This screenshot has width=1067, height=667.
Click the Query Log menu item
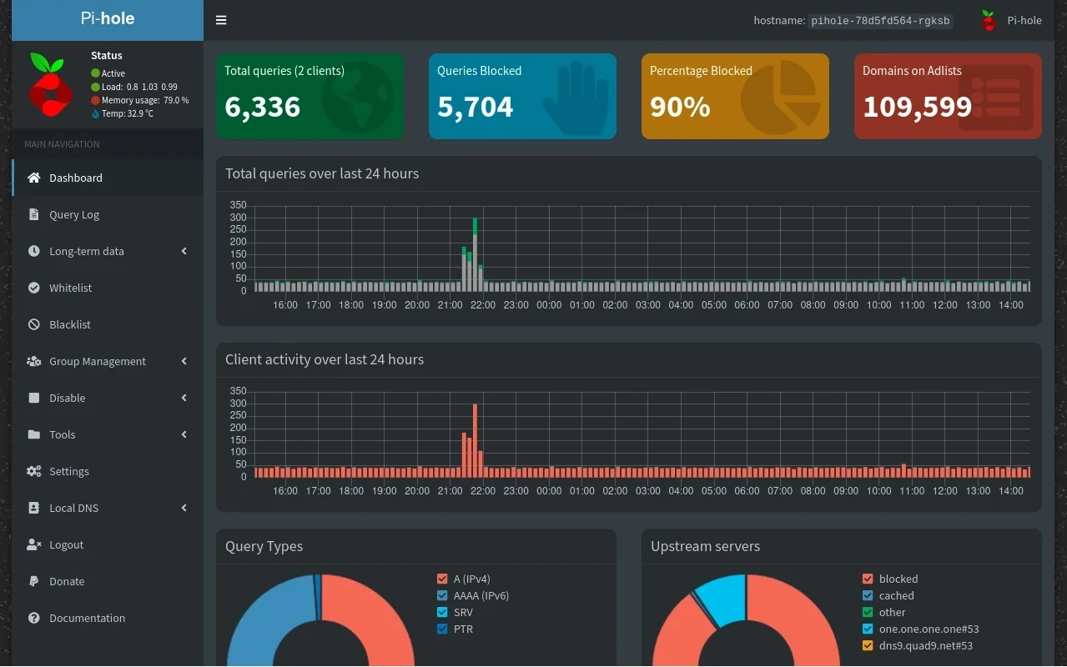click(x=73, y=214)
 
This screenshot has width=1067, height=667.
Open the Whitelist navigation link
click(x=70, y=288)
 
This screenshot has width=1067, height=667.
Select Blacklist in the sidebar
click(x=69, y=324)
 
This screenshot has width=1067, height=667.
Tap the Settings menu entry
click(x=68, y=471)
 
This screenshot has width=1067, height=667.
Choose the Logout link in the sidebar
click(x=66, y=544)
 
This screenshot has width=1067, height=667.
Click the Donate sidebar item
click(x=67, y=581)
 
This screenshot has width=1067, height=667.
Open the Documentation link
click(x=87, y=618)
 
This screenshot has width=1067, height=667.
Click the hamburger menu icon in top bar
click(x=221, y=20)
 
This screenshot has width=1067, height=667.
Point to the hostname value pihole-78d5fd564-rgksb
click(x=880, y=21)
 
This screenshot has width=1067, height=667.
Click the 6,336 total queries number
click(x=262, y=107)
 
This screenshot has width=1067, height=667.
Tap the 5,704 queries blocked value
click(x=475, y=107)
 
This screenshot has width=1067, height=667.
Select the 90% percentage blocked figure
click(x=680, y=107)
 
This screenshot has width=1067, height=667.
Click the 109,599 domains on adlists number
click(x=917, y=107)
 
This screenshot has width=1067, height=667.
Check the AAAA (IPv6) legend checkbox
click(x=442, y=595)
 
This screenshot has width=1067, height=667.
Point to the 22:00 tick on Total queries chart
click(x=483, y=305)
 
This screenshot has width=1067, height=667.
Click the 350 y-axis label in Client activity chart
click(x=238, y=391)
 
